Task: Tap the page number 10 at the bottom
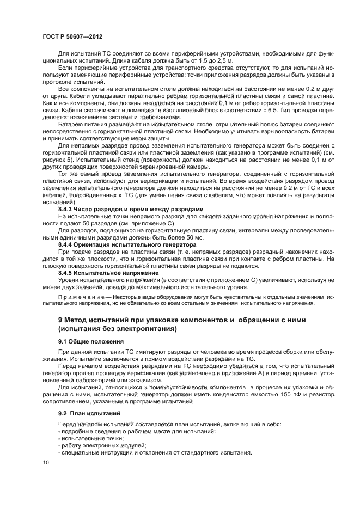(46, 462)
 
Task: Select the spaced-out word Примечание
(80, 298)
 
